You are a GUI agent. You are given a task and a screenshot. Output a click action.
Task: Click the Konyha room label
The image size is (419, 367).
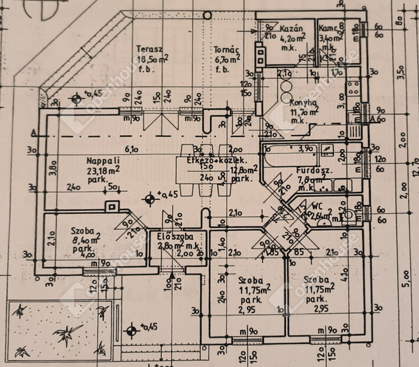click(x=304, y=102)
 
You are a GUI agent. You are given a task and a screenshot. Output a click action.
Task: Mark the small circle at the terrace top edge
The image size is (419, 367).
click(x=207, y=15)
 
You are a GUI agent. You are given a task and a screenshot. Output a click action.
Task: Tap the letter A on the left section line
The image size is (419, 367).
click(x=35, y=131)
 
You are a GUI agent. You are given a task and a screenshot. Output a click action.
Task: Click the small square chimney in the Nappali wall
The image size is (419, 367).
click(x=110, y=206)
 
